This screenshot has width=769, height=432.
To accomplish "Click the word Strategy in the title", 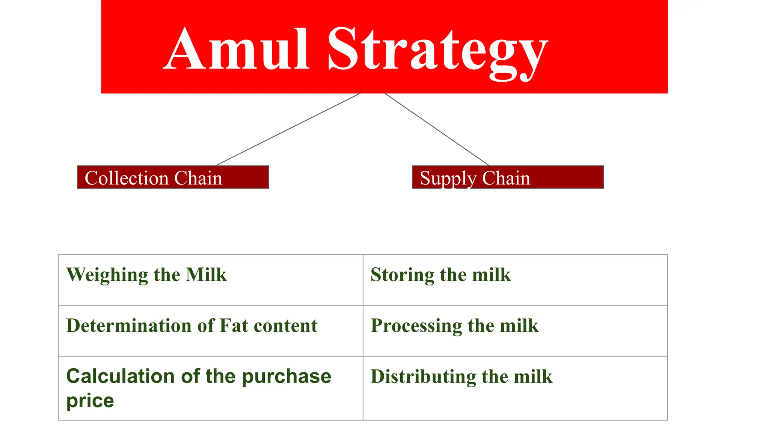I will pos(437,51).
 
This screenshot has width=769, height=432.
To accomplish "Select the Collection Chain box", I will pos(173,177).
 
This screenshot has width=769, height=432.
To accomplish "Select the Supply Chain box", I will pos(508,177).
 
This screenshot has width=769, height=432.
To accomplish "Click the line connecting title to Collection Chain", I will pos(288,129).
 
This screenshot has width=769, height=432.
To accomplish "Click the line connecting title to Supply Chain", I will pos(437,129).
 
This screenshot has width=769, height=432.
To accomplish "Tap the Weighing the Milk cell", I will pos(210,280).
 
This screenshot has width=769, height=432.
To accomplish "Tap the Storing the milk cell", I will pos(515,280).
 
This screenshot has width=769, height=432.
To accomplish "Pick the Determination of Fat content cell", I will pos(210,330).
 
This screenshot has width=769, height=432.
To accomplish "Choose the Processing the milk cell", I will pos(515,330).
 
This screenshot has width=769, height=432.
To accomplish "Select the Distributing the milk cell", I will pos(515,388).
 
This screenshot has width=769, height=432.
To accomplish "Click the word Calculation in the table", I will pos(120,376).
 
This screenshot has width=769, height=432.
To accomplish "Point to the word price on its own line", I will pos(90,401).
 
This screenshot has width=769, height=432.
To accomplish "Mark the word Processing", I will pos(416,325).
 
